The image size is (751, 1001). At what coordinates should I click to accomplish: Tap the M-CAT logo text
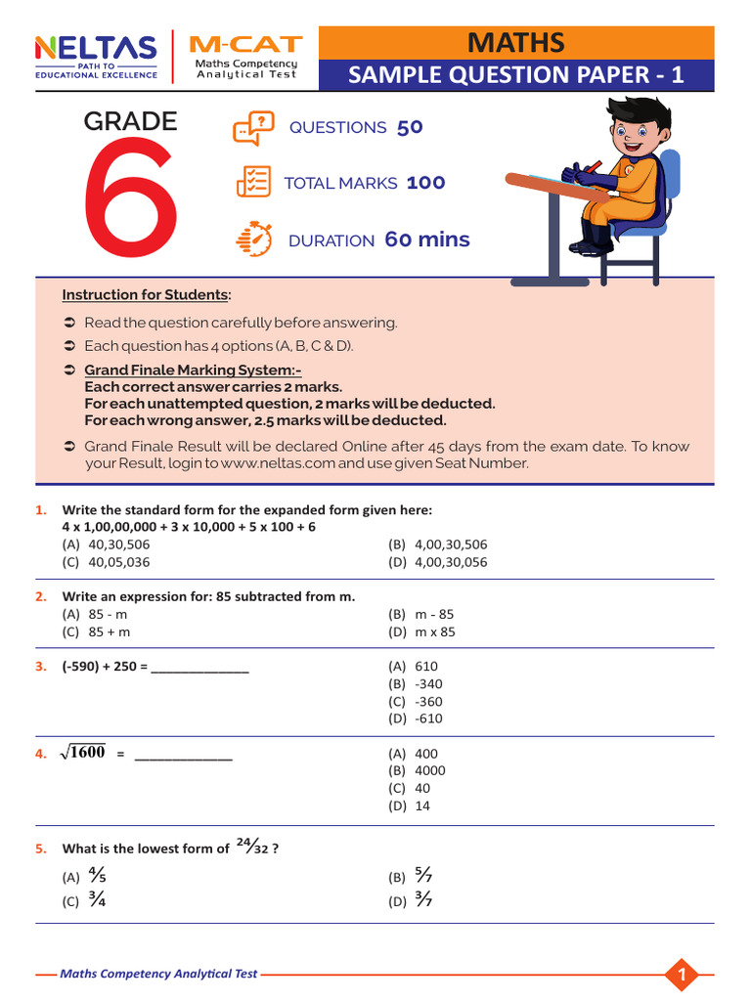click(245, 45)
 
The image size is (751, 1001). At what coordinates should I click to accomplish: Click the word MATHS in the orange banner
click(515, 42)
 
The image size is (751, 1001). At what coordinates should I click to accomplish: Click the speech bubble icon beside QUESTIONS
click(253, 128)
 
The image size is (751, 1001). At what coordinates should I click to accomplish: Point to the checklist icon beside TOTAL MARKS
click(253, 183)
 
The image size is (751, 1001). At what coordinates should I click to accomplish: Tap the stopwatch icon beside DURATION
click(253, 239)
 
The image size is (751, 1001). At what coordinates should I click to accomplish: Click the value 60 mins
click(426, 239)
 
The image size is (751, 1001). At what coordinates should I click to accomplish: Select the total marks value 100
click(425, 183)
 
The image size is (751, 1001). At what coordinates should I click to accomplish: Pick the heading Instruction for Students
click(147, 294)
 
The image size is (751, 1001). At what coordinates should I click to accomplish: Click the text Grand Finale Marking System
click(193, 370)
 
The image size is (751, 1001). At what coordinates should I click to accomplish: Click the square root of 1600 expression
click(82, 753)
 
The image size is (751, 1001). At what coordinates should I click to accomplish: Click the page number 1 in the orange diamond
click(683, 974)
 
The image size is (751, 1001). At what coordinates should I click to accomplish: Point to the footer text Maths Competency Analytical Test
click(158, 974)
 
